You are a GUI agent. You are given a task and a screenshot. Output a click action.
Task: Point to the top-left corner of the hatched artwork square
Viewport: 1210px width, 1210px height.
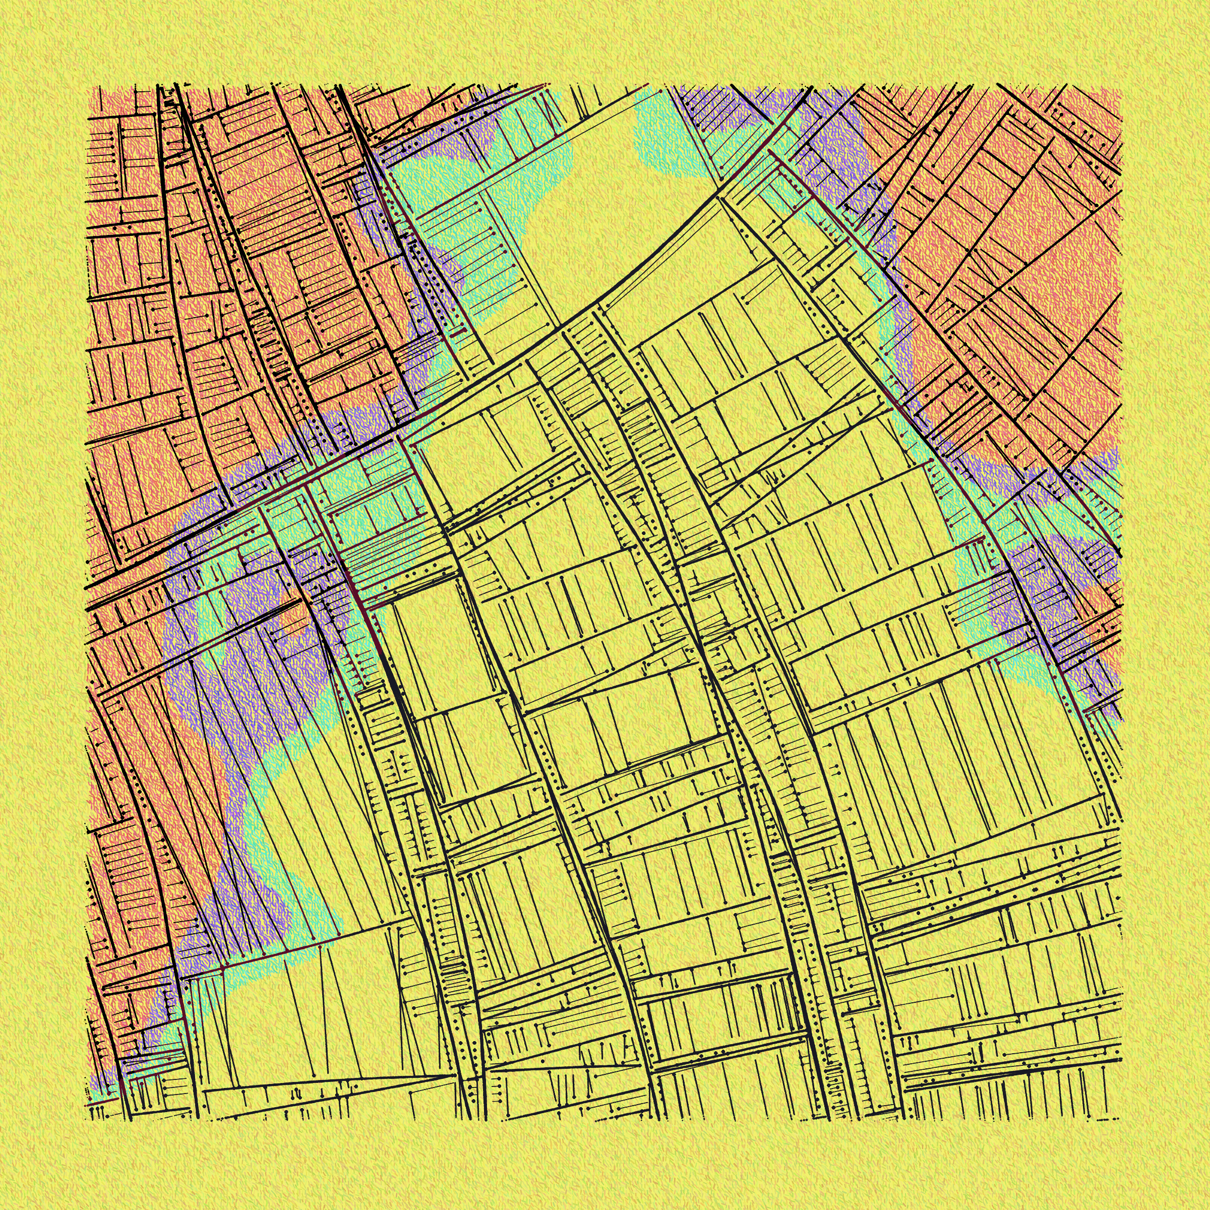(x=86, y=86)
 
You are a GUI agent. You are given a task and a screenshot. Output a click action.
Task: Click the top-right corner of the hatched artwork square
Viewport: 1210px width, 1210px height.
(x=1121, y=86)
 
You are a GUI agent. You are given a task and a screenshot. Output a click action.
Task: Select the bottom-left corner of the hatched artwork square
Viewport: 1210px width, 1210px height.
(x=86, y=1120)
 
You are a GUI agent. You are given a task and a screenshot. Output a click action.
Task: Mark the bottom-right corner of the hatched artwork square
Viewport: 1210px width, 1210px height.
(x=1121, y=1120)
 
